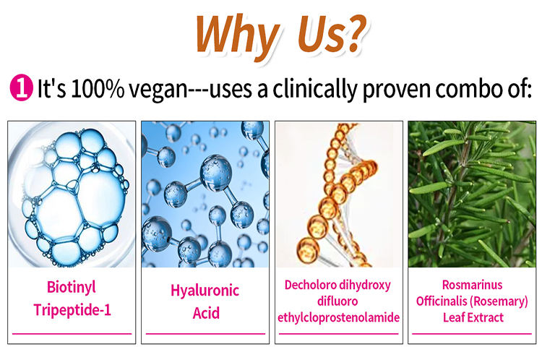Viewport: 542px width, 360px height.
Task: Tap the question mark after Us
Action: click(x=355, y=33)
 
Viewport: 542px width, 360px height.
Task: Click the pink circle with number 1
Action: click(x=21, y=88)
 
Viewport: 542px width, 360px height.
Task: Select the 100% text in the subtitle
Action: click(x=98, y=88)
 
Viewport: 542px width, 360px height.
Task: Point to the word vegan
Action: click(x=158, y=90)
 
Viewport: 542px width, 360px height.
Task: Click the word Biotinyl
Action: click(x=72, y=288)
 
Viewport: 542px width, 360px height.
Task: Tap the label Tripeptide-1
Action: click(x=72, y=310)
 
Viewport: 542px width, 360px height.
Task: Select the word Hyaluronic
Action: click(x=205, y=291)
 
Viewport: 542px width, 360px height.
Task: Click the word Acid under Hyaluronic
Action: click(x=206, y=313)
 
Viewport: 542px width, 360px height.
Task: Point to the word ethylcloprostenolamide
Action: click(x=339, y=317)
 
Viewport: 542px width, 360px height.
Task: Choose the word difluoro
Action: click(x=337, y=301)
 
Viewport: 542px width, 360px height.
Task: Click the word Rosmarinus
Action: click(x=472, y=285)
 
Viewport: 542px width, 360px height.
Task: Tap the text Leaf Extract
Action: click(x=473, y=317)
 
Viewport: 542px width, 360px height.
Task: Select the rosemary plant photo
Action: click(x=472, y=194)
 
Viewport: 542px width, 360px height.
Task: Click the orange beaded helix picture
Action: click(x=339, y=194)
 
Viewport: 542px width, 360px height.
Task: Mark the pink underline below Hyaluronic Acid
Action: click(x=205, y=334)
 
